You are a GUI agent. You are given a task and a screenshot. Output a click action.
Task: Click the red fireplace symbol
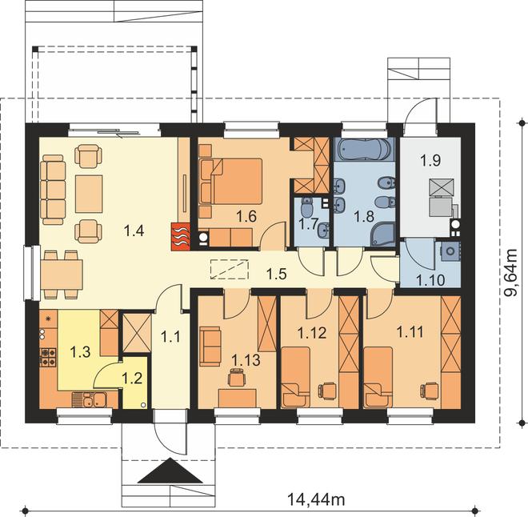(x=181, y=237)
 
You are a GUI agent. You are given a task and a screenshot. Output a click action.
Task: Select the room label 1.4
(x=134, y=231)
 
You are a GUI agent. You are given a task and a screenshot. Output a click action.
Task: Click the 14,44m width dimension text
(x=315, y=499)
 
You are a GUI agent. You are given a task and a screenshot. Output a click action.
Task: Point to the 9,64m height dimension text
(x=511, y=272)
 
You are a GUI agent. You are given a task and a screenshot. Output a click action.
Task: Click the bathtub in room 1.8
(x=364, y=150)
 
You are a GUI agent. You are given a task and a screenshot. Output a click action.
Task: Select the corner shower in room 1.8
(x=382, y=234)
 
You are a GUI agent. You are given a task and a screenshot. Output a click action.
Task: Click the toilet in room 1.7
(x=306, y=208)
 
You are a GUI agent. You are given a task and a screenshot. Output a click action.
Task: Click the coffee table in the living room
(x=89, y=194)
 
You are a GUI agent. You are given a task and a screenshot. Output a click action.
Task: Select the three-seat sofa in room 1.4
(x=53, y=190)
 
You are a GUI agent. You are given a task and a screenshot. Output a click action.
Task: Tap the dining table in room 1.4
(x=62, y=275)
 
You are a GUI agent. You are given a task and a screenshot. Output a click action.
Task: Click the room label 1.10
(x=431, y=280)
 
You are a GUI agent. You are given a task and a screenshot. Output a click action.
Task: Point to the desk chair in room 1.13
(x=236, y=378)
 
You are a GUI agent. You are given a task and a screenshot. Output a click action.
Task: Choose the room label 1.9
(x=430, y=161)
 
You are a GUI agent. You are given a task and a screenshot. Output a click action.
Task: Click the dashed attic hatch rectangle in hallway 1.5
(x=230, y=270)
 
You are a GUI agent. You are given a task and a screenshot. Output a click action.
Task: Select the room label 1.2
(x=132, y=379)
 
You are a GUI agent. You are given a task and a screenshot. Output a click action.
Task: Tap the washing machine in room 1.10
(x=450, y=251)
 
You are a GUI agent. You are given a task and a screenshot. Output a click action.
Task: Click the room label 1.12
(x=312, y=333)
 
